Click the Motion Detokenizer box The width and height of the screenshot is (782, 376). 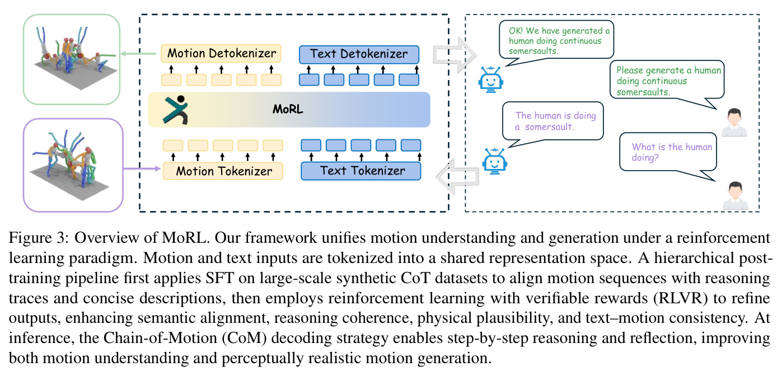pyautogui.click(x=221, y=53)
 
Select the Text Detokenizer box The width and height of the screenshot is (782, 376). pyautogui.click(x=359, y=54)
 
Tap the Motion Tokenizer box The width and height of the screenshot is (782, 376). pyautogui.click(x=223, y=171)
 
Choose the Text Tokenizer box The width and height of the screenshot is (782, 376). pyautogui.click(x=361, y=171)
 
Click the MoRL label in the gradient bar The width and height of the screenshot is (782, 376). pyautogui.click(x=288, y=110)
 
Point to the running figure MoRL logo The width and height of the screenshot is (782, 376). pyautogui.click(x=176, y=110)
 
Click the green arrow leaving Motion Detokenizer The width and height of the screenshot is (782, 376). pyautogui.click(x=138, y=53)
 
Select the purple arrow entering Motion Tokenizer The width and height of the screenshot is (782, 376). pyautogui.click(x=142, y=169)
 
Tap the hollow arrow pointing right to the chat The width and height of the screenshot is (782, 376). pyautogui.click(x=455, y=55)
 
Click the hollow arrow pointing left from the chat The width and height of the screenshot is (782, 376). pyautogui.click(x=457, y=176)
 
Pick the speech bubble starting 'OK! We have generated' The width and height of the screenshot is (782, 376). pyautogui.click(x=556, y=42)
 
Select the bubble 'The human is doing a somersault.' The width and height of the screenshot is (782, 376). pyautogui.click(x=553, y=122)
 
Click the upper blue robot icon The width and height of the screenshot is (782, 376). pyautogui.click(x=490, y=79)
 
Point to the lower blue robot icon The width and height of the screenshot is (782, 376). pyautogui.click(x=494, y=161)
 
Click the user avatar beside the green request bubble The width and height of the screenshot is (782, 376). pyautogui.click(x=734, y=122)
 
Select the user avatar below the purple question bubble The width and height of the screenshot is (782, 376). pyautogui.click(x=735, y=195)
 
